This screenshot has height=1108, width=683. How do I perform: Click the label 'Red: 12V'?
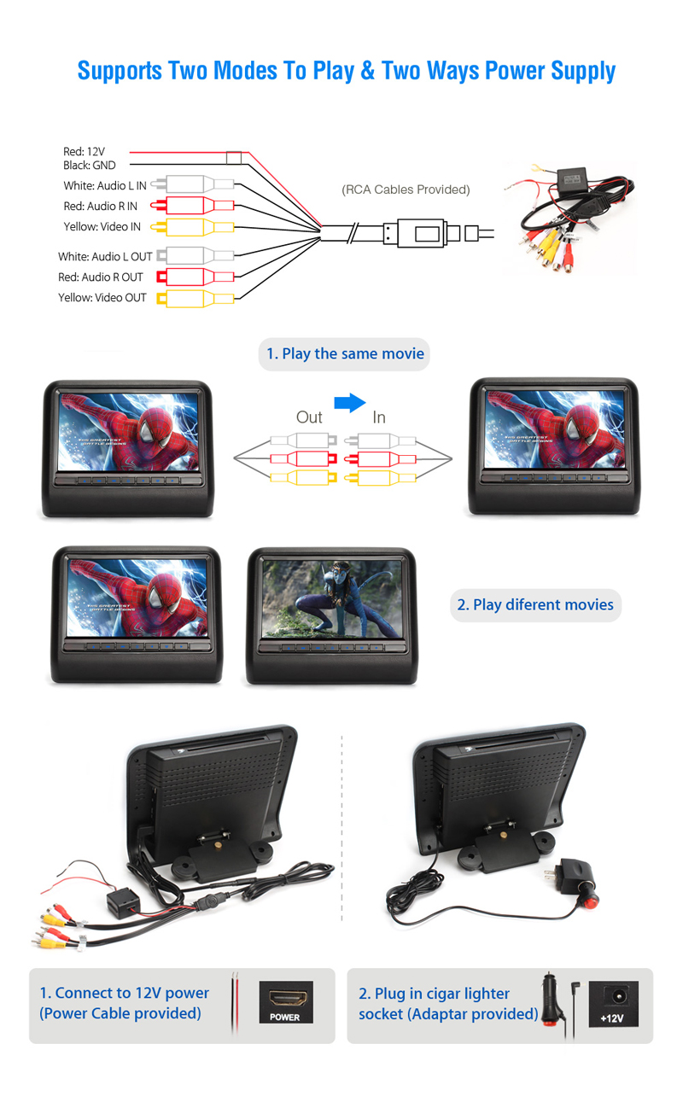84,151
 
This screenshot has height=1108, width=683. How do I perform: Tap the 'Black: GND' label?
89,166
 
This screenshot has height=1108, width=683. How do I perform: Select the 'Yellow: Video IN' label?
102,226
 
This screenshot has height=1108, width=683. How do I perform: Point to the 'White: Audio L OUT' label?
105,257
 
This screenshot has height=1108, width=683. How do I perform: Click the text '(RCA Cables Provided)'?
406,190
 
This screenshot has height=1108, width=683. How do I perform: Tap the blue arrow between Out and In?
350,403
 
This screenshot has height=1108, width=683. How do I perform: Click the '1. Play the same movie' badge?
344,354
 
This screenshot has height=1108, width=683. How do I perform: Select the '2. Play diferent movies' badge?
535,605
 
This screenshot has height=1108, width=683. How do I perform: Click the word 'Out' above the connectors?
309,417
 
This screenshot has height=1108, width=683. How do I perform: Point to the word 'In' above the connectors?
379,417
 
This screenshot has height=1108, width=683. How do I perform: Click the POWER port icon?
286,1002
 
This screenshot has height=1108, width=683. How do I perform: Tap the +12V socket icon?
613,1004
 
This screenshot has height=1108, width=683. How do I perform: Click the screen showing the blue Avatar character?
332,598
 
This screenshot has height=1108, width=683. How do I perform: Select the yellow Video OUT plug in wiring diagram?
196,299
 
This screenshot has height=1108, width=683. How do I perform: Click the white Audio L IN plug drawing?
192,184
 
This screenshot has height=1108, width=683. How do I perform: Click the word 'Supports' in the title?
120,71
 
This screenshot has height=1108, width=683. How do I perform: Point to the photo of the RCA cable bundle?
570,219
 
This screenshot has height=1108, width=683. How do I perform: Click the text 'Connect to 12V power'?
132,993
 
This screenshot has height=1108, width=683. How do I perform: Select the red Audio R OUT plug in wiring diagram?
196,277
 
